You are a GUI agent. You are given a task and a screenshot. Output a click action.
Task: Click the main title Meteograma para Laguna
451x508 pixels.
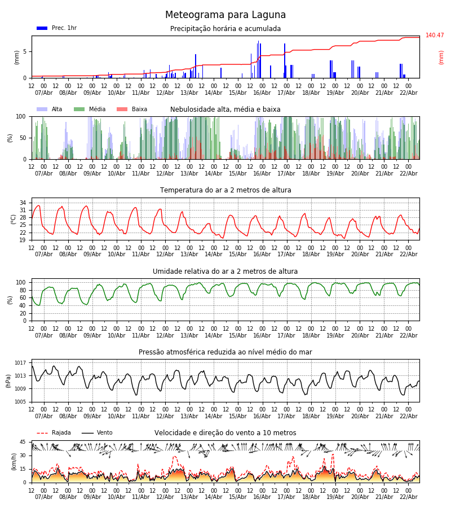pos(225,15)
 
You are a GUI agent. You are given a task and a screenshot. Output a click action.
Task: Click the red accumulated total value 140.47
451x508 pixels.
pos(435,36)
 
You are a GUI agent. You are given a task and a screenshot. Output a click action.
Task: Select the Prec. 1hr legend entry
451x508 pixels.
pos(57,28)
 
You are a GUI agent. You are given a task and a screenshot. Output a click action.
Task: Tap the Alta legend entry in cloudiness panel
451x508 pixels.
pos(50,110)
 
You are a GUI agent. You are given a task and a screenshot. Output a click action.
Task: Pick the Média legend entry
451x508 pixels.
pos(90,110)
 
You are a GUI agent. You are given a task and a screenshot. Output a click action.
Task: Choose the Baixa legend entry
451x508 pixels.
pos(132,110)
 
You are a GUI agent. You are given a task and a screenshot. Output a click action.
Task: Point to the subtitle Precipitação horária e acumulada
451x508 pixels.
pos(225,29)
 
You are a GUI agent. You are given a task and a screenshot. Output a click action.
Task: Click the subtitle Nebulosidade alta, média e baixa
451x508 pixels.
pos(225,110)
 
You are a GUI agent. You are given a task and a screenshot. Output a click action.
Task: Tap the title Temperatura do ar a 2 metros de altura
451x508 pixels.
pos(225,190)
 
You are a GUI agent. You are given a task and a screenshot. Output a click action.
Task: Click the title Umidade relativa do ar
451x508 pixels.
pos(225,271)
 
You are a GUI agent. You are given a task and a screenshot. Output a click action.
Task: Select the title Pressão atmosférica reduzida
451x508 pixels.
pos(225,352)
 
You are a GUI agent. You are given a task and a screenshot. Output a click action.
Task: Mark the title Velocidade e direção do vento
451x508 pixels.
pos(225,433)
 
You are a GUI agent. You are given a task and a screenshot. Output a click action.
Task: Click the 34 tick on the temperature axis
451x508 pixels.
pos(23,203)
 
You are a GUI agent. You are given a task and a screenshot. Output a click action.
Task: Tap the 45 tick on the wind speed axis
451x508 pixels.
pos(23,442)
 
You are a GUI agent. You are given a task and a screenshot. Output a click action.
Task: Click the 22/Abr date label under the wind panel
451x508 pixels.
pos(409,497)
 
